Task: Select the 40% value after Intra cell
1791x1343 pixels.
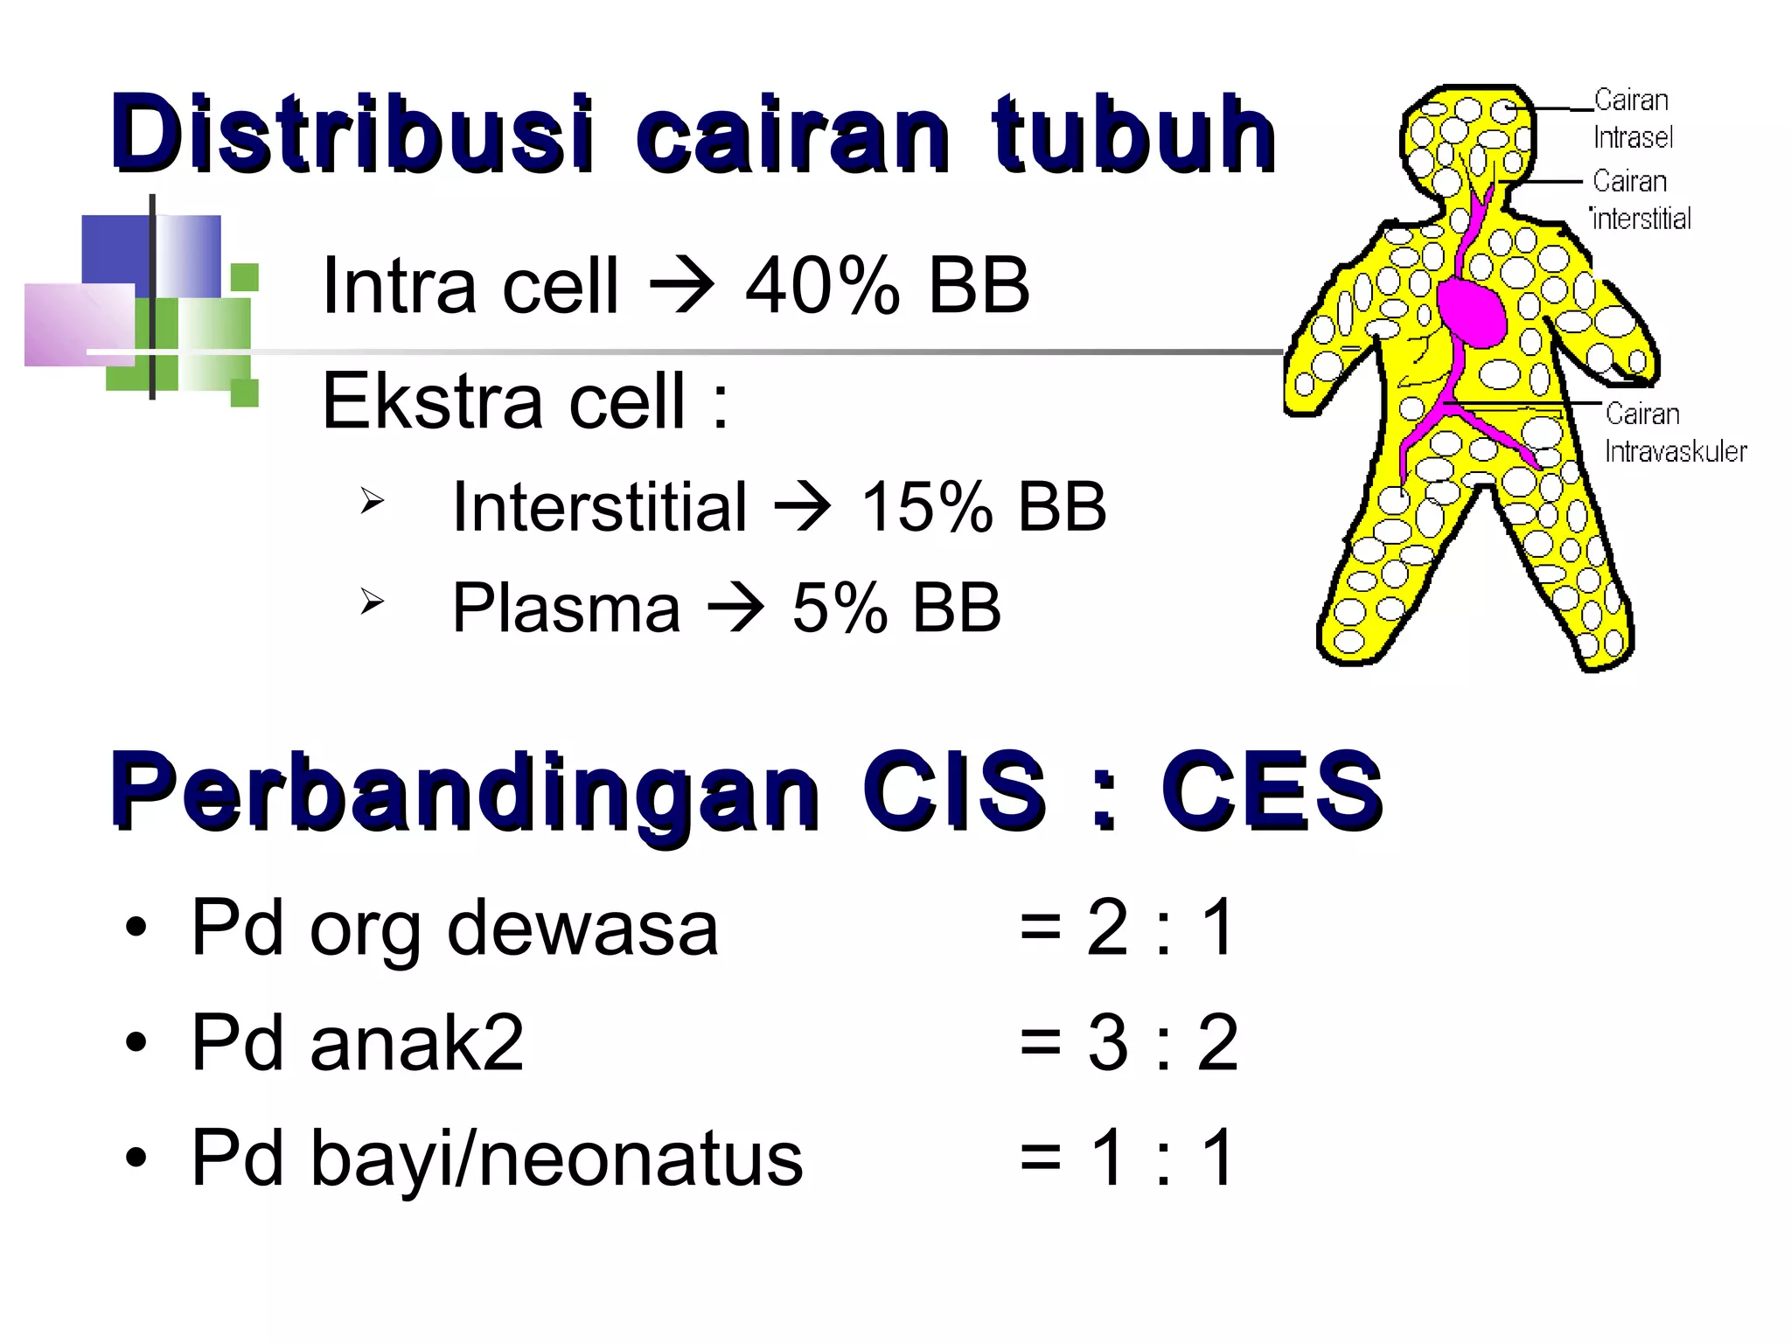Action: (x=822, y=286)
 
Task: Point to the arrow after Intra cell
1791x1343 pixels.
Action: (x=681, y=286)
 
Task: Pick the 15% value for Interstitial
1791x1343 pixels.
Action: (x=927, y=507)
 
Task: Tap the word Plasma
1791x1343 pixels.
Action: (x=566, y=608)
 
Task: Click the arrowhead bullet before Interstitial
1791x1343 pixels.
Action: (x=372, y=501)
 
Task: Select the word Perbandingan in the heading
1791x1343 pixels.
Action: (x=464, y=790)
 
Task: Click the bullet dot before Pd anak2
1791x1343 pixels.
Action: (x=136, y=1043)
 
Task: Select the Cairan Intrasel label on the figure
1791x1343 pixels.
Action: (x=1632, y=119)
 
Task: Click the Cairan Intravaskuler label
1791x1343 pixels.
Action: (x=1674, y=433)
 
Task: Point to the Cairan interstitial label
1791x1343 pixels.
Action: (x=1641, y=200)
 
